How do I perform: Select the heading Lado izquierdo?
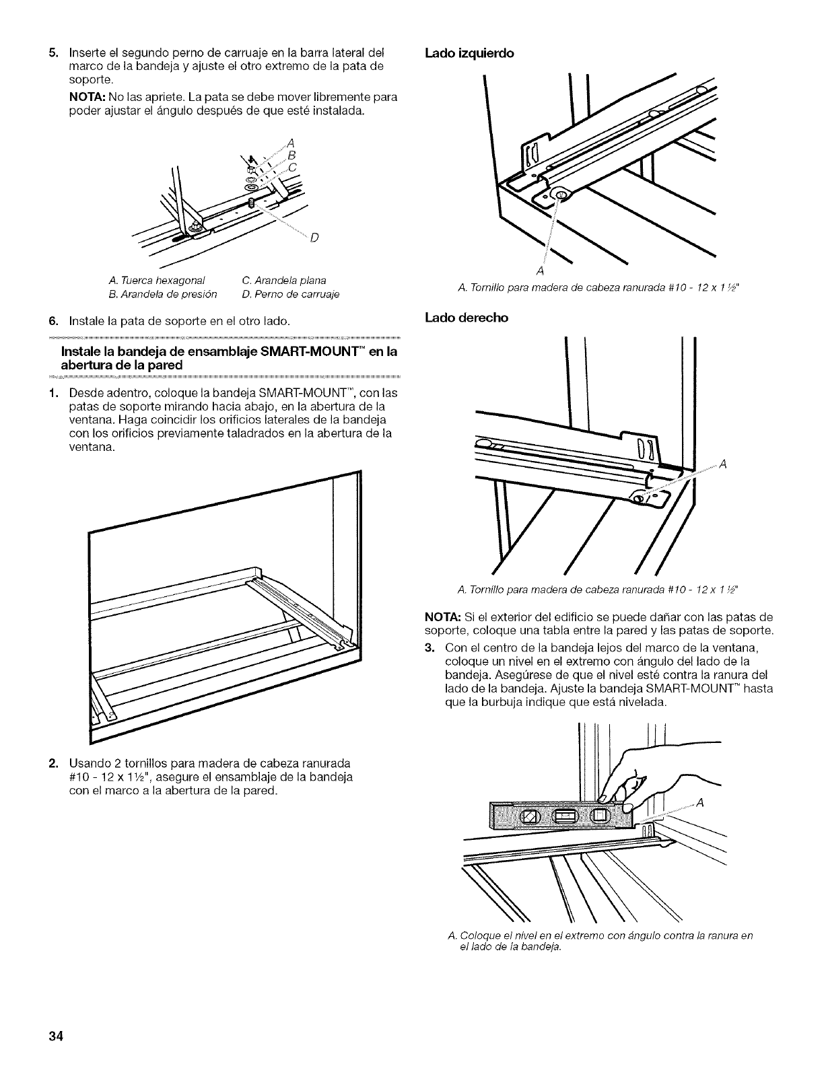(x=469, y=54)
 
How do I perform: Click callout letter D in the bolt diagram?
(x=315, y=237)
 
